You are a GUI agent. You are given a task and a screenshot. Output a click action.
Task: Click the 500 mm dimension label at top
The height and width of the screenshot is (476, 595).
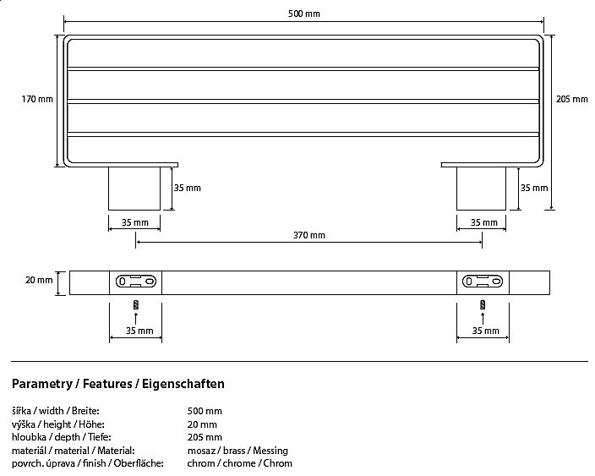(304, 14)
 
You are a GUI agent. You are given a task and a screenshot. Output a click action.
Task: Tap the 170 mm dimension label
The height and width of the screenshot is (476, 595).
(37, 100)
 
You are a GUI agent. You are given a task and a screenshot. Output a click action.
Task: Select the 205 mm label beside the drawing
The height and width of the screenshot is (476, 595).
(572, 100)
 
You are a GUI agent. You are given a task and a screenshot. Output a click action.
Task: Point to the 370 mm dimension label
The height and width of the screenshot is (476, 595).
(308, 235)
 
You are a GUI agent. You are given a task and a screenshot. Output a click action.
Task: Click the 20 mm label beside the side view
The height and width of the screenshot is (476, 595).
(39, 280)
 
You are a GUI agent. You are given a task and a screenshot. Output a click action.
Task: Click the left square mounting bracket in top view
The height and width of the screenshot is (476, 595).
(134, 189)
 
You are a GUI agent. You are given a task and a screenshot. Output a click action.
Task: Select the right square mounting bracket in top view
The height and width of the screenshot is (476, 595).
(481, 189)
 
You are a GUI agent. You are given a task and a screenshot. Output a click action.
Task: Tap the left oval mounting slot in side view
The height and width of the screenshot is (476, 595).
(136, 282)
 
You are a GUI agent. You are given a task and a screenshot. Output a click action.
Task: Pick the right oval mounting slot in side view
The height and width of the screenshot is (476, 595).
(483, 282)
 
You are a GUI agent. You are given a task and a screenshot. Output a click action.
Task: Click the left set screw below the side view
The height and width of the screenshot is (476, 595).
(136, 305)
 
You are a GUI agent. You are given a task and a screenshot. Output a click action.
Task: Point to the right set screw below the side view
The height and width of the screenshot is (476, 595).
(483, 305)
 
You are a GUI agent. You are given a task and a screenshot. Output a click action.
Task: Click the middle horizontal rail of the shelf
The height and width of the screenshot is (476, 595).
(303, 101)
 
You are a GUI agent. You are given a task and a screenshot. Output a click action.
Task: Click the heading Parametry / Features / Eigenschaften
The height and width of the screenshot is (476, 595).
(118, 384)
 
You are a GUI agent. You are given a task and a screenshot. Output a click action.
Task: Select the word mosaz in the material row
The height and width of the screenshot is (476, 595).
(201, 451)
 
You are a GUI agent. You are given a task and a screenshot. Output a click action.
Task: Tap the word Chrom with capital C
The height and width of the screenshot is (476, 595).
(278, 463)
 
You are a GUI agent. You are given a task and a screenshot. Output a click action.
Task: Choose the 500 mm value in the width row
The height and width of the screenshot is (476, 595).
(205, 411)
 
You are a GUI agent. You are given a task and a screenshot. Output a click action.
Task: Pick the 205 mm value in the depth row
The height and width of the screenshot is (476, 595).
(205, 437)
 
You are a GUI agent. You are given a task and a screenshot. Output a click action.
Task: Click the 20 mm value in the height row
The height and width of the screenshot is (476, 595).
(202, 424)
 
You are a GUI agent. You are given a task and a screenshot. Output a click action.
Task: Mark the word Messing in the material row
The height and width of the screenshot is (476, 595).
(270, 451)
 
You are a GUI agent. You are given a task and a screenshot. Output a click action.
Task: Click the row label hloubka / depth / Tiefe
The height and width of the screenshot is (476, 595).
(62, 437)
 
